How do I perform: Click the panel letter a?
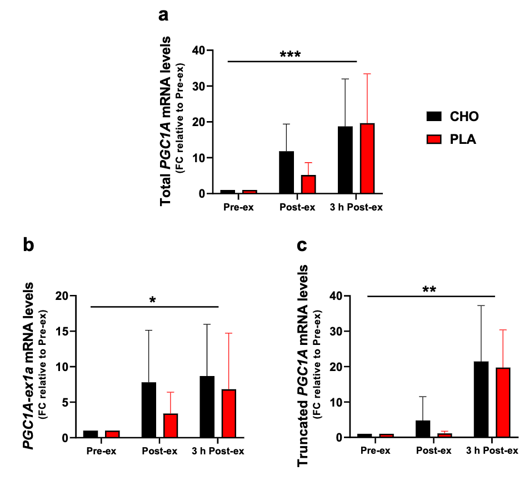click(163, 15)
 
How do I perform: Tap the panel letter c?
click(302, 245)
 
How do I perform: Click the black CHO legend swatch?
click(434, 116)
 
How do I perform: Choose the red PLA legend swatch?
click(434, 140)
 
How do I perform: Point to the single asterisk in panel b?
click(152, 300)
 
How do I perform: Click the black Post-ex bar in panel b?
click(149, 410)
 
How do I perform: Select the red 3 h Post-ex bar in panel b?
click(228, 413)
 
